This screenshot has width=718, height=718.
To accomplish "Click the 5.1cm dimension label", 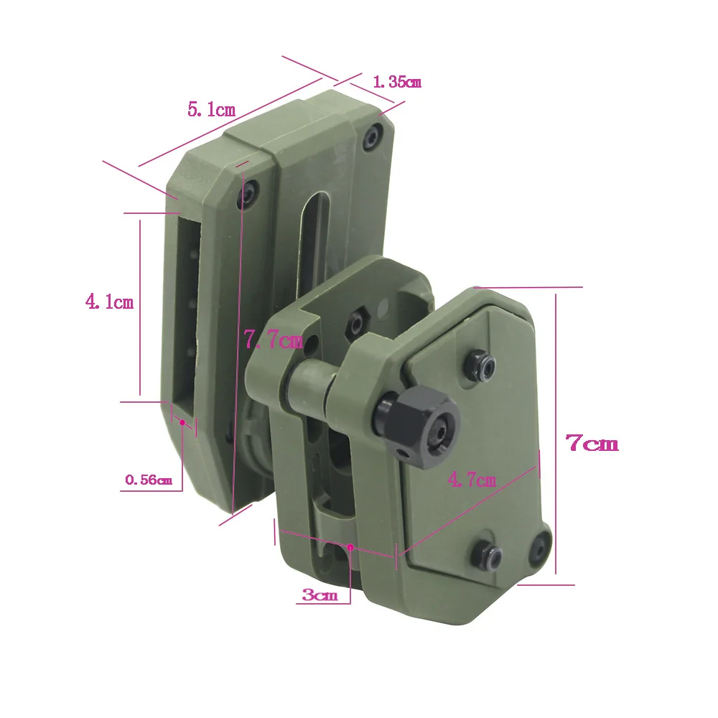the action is pos(212,110).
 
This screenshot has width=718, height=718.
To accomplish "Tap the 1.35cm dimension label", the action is pos(397,82).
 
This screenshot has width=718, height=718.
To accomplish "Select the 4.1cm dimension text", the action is pos(109,302).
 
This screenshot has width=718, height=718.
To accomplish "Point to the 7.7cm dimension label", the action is pos(274,340).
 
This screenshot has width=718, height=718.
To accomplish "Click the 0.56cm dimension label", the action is pos(149,480).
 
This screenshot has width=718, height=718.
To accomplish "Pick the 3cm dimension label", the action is pos(320,595).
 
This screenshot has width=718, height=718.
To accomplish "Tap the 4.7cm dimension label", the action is pos(472,480).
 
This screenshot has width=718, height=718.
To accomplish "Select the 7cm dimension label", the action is pos(592,443).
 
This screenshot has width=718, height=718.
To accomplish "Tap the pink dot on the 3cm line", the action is pos(350,546).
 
